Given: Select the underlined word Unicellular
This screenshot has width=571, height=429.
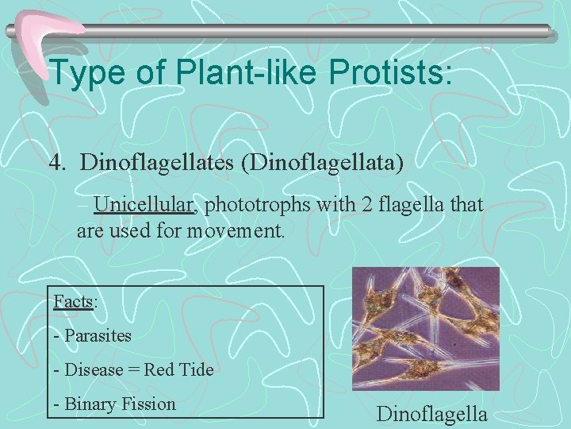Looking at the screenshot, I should (144, 206).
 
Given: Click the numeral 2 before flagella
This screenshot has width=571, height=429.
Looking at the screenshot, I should (365, 206).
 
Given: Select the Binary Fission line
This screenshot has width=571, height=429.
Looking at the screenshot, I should (114, 404).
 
